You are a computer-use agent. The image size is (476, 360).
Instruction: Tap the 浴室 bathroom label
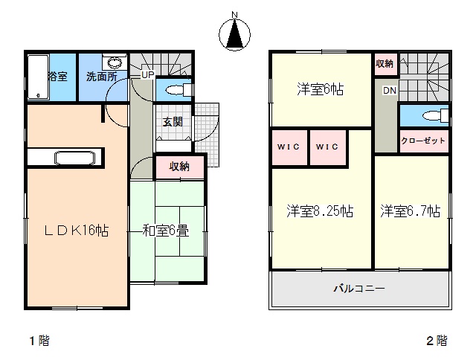58,76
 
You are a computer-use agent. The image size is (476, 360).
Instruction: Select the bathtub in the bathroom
38,77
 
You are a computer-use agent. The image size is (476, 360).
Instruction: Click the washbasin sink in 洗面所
115,62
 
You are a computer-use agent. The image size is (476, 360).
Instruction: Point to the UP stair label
148,74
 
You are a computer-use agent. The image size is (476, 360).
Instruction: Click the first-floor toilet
179,90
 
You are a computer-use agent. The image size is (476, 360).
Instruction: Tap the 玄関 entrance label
173,122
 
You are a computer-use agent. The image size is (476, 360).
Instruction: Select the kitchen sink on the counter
74,158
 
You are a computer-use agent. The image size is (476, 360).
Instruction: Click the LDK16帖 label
76,231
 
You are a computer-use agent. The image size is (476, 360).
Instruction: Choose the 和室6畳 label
166,231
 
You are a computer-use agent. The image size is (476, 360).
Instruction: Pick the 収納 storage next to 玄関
179,167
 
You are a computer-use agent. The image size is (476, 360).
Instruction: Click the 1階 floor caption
39,341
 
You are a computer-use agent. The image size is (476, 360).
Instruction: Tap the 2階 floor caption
437,341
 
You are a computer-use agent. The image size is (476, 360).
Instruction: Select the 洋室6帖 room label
321,89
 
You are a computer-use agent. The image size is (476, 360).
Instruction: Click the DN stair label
390,91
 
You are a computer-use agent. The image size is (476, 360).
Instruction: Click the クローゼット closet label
423,141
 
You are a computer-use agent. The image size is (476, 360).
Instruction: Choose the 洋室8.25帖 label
320,211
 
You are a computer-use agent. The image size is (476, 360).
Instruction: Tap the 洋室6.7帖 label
411,211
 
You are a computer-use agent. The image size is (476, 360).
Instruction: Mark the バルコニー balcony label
359,288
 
